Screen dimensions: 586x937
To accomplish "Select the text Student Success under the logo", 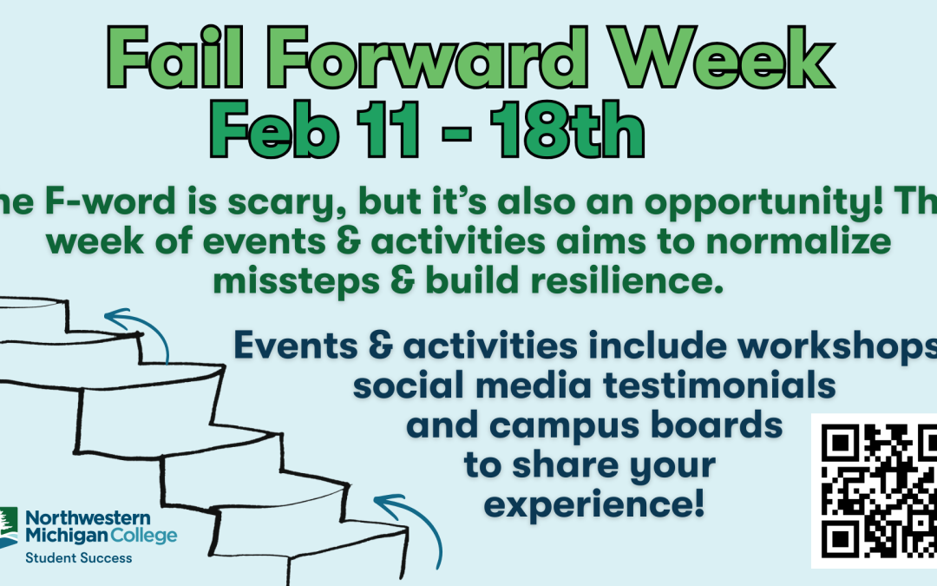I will (x=78, y=557).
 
